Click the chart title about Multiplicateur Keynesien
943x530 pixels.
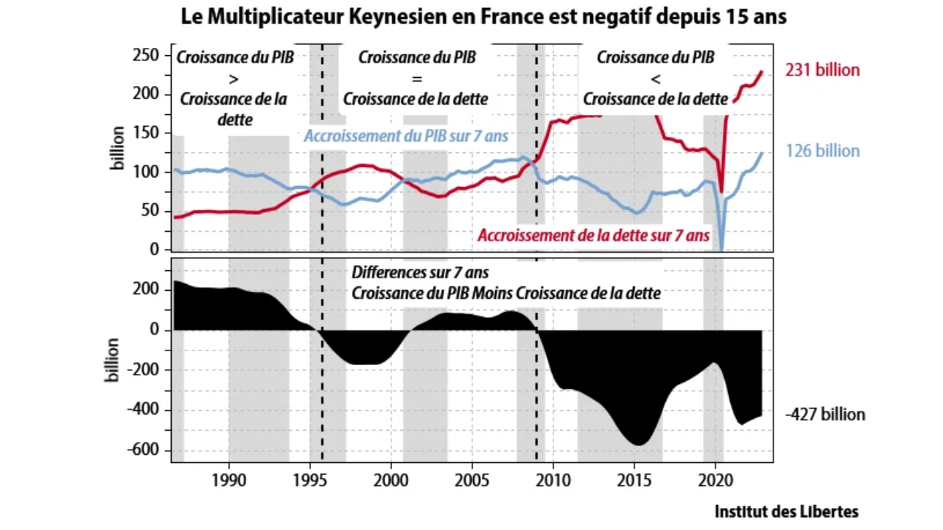pyautogui.click(x=484, y=17)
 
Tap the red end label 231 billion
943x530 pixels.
pyautogui.click(x=822, y=71)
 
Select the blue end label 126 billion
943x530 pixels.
pyautogui.click(x=822, y=151)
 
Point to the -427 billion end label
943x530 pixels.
pyautogui.click(x=824, y=414)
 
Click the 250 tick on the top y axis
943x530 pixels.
pyautogui.click(x=148, y=55)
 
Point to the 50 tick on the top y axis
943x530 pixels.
pyautogui.click(x=152, y=211)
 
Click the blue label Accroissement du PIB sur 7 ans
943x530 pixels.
pyautogui.click(x=407, y=136)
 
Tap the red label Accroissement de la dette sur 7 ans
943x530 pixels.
pyautogui.click(x=593, y=236)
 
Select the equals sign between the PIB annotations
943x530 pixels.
pyautogui.click(x=416, y=78)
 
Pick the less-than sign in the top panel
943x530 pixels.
pyautogui.click(x=655, y=78)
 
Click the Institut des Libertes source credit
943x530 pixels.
pyautogui.click(x=786, y=512)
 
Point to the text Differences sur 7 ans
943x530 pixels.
pyautogui.click(x=420, y=273)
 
